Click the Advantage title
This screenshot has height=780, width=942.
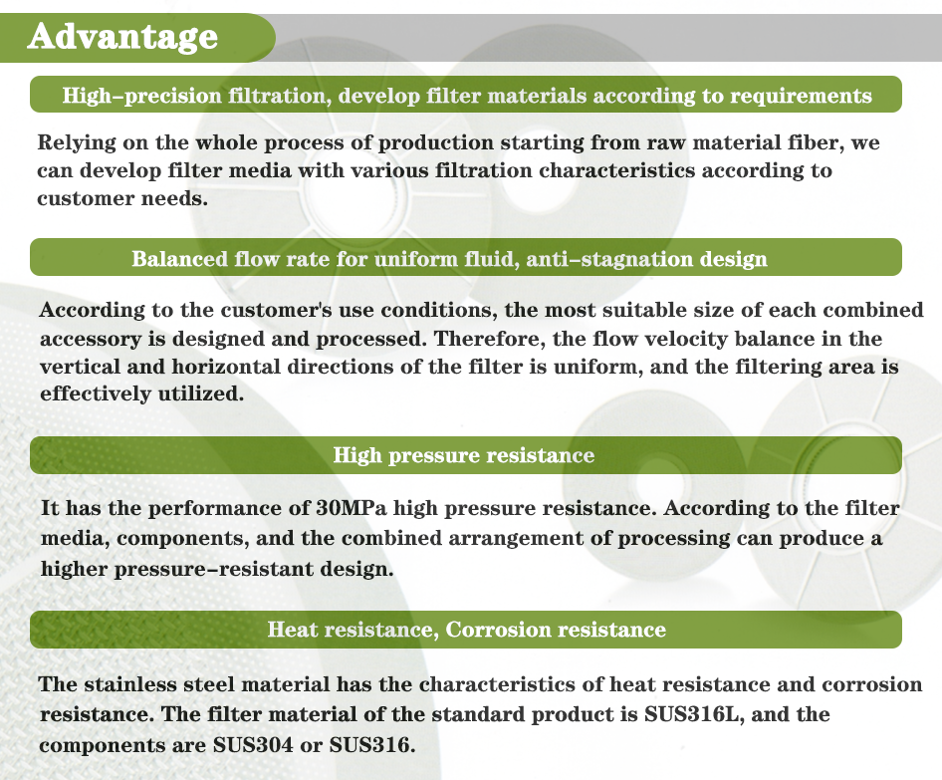(x=122, y=37)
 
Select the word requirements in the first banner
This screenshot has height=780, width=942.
(x=801, y=97)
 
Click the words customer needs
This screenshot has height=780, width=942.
(x=122, y=198)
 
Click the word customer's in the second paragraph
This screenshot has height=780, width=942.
(x=277, y=310)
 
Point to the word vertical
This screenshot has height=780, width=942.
(x=81, y=367)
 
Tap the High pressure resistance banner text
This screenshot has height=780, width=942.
(x=464, y=455)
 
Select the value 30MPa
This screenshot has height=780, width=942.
(x=352, y=508)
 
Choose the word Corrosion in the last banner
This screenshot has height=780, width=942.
(x=498, y=630)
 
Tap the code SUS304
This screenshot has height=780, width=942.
(x=253, y=745)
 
